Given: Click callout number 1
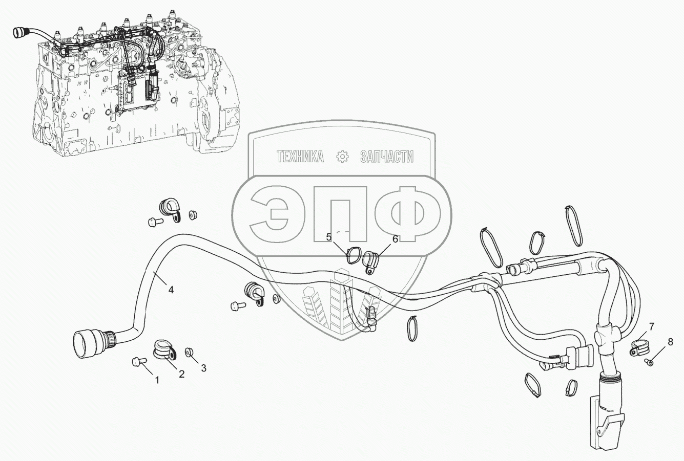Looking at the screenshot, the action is pyautogui.click(x=157, y=380).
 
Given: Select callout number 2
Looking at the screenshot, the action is pyautogui.click(x=182, y=374).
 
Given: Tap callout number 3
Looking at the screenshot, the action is pyautogui.click(x=204, y=368).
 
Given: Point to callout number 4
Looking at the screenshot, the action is pyautogui.click(x=171, y=290).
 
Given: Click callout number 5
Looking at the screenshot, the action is pyautogui.click(x=328, y=237).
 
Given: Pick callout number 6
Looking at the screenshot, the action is pyautogui.click(x=395, y=239).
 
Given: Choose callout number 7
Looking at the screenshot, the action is pyautogui.click(x=652, y=326).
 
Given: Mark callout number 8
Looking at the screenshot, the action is pyautogui.click(x=670, y=342).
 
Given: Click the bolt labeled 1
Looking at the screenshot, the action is pyautogui.click(x=138, y=362).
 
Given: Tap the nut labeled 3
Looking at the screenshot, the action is pyautogui.click(x=189, y=352).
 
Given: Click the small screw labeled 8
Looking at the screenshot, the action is pyautogui.click(x=649, y=362).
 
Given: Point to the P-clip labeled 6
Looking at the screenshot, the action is pyautogui.click(x=370, y=262).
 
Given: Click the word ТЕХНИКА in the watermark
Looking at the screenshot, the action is pyautogui.click(x=300, y=157).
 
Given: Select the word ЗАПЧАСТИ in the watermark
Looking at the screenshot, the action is pyautogui.click(x=387, y=157).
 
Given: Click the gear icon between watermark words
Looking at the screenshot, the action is pyautogui.click(x=342, y=157).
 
